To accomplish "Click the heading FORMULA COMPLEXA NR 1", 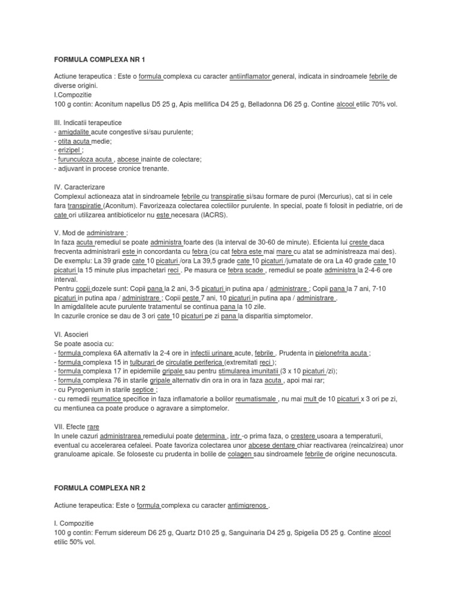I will click(x=99, y=60).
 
